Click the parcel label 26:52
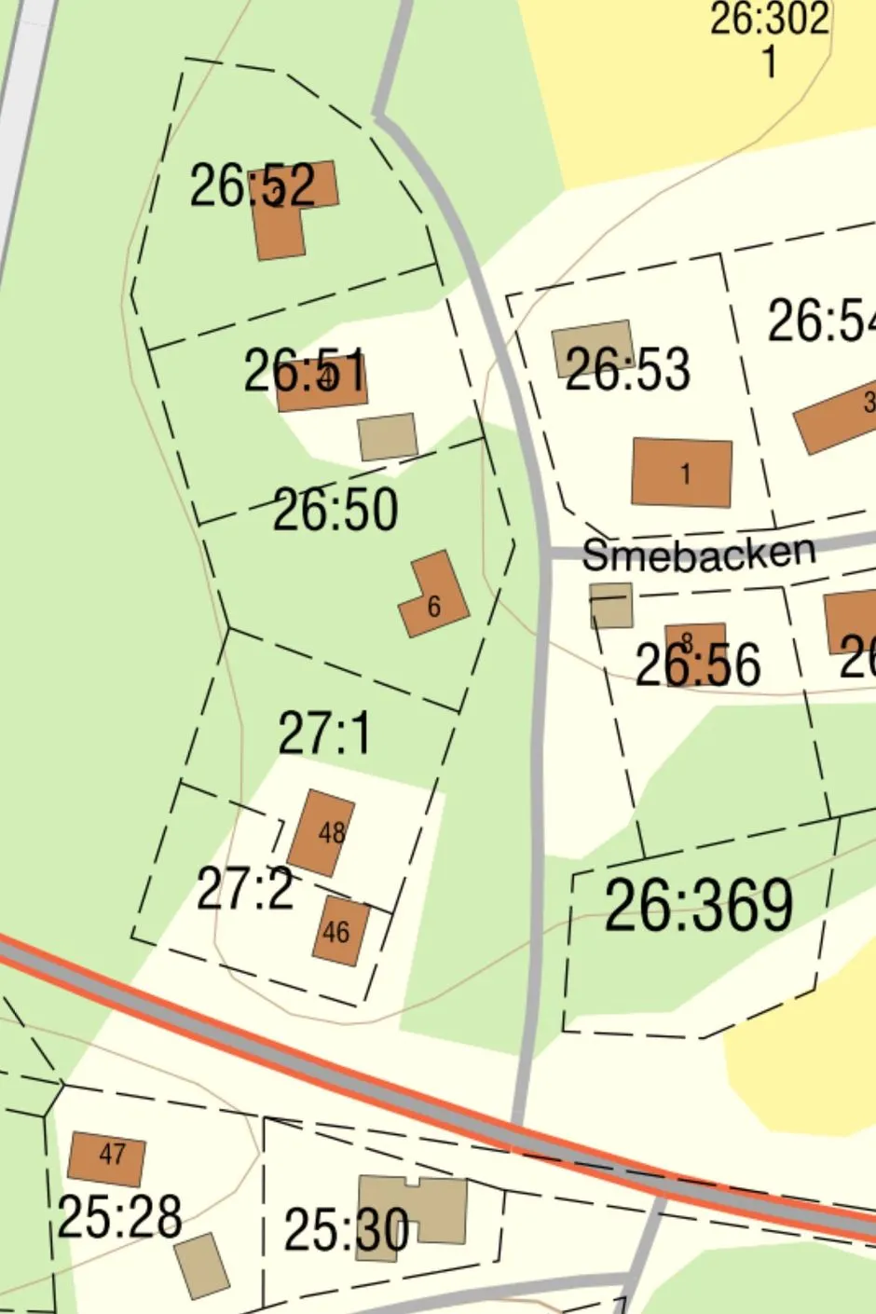coord(253,185)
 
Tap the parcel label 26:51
coord(306,372)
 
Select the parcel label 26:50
coord(335,510)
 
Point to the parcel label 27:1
coord(323,732)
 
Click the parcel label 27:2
coord(245,890)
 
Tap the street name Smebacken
coord(698,554)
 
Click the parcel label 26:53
coord(628,369)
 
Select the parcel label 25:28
coord(119,1217)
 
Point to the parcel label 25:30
coord(346,1230)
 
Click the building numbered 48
coord(322,833)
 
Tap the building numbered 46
coord(340,930)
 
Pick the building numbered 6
coord(433,596)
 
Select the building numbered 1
coord(682,473)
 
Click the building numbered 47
coord(107,1158)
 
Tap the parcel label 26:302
coord(769,19)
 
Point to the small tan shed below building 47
coord(202,1266)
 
